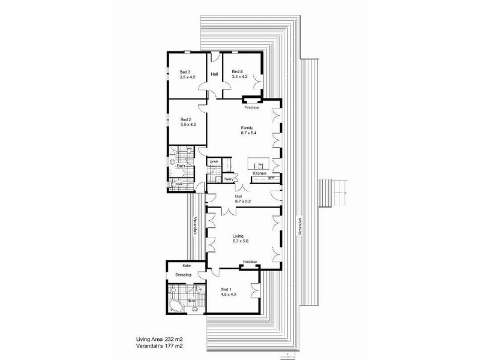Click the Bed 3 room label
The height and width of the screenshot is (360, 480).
coord(186,72)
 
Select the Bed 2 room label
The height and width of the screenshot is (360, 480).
coord(186,120)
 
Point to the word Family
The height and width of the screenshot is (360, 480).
coord(247,128)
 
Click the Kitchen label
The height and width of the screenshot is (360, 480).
coord(259,173)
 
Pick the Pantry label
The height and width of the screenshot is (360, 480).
coord(228,179)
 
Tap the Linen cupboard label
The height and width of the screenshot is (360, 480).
coord(214,161)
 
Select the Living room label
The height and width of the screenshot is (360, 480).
coord(238,237)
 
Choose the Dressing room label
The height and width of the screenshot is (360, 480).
coord(183,275)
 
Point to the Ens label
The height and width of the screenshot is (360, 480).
coord(193,300)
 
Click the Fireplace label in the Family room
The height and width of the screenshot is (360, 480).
coord(251,108)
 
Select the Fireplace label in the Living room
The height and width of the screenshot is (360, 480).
coord(250,262)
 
